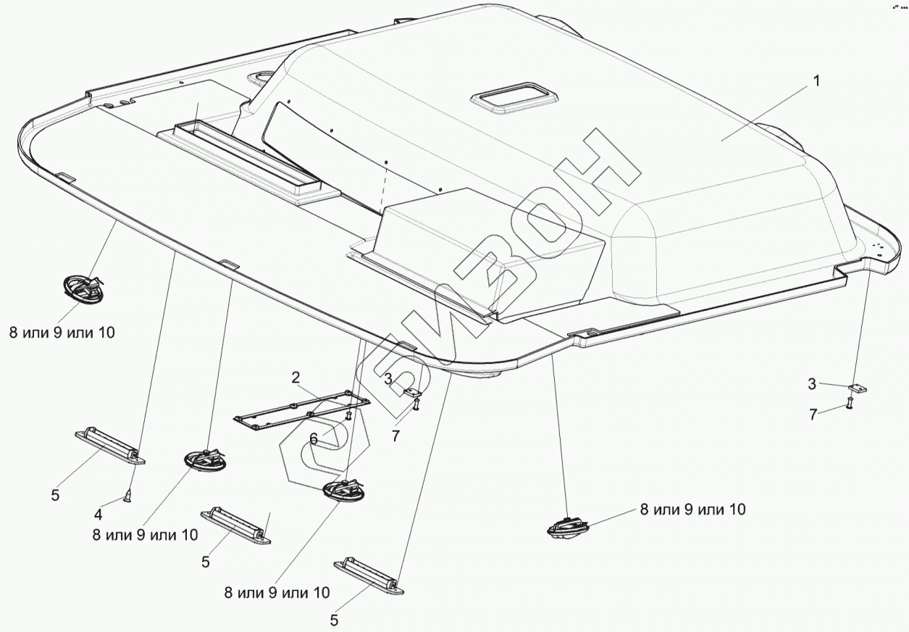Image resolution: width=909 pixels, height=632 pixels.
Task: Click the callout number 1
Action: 816,81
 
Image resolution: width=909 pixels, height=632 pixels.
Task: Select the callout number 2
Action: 296,377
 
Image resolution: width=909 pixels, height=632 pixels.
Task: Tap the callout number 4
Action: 99,515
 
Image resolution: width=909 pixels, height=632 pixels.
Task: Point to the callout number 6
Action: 314,438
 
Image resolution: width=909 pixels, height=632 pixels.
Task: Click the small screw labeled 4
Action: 127,497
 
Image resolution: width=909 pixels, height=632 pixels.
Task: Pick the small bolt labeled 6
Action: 349,416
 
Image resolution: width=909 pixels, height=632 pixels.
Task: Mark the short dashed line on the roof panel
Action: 382,186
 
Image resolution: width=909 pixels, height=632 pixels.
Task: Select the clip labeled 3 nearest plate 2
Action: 414,393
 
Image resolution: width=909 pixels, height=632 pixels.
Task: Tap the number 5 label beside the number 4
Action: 55,496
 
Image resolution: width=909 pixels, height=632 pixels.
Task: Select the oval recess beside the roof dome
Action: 259,76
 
